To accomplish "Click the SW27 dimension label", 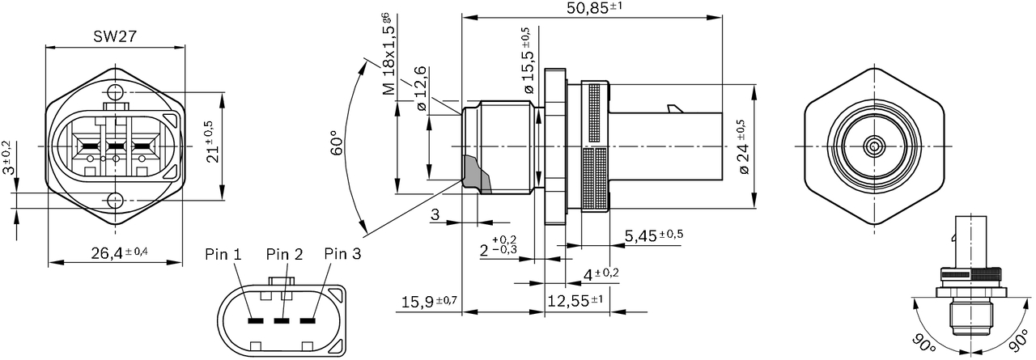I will coord(113,36).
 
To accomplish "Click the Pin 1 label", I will coord(223,254).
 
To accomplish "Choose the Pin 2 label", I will coord(284,254).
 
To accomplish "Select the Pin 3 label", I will coord(342,254).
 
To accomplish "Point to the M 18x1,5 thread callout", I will coord(389,55).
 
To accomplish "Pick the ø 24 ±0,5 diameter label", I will coord(741,147).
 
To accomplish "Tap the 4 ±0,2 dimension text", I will coord(601,274).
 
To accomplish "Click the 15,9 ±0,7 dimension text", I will coord(429,302).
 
